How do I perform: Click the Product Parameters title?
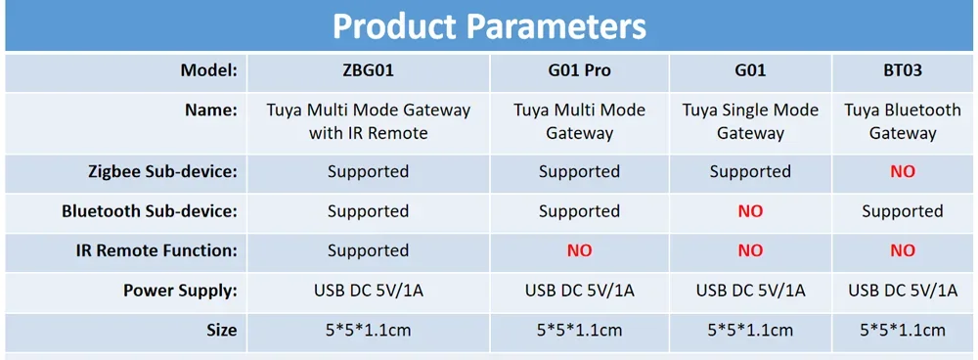[x=489, y=26]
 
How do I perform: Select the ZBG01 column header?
[x=368, y=71]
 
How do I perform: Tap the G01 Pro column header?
[x=579, y=71]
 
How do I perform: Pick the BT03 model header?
[x=902, y=71]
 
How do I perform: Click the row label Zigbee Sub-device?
[x=162, y=171]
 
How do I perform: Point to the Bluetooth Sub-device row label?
[x=150, y=211]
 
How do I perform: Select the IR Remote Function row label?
[x=156, y=250]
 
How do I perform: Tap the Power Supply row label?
[x=180, y=291]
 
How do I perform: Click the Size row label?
[x=221, y=331]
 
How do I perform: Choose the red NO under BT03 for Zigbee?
[x=902, y=171]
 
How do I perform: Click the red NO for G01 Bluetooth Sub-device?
[x=750, y=211]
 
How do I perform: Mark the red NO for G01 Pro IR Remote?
[x=579, y=250]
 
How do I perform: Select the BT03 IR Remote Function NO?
[x=902, y=250]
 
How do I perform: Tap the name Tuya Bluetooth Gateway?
[x=902, y=121]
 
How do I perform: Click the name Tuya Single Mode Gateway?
[x=750, y=121]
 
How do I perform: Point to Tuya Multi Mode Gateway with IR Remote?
[x=368, y=121]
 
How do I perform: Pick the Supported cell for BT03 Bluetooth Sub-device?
[x=902, y=211]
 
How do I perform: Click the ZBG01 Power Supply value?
[x=368, y=291]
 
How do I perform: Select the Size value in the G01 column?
[x=750, y=331]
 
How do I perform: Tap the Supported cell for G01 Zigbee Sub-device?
[x=750, y=171]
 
